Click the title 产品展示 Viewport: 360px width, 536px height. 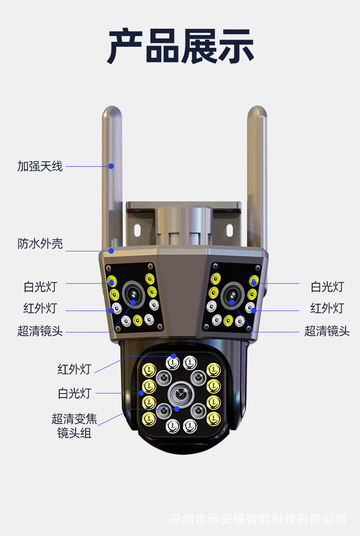[x=180, y=46]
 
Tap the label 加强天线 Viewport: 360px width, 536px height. [x=40, y=166]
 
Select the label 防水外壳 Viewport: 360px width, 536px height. [x=40, y=244]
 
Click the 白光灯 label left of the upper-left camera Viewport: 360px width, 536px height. [x=40, y=287]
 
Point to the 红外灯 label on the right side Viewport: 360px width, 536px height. [x=327, y=308]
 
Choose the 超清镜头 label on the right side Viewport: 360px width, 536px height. [x=327, y=331]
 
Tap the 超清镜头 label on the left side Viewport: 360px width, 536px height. [x=40, y=331]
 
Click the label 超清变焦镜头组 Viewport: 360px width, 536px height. [x=74, y=425]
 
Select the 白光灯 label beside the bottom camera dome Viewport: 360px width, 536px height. [x=74, y=393]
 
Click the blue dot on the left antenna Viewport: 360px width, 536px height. [x=111, y=166]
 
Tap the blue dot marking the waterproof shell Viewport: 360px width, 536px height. [x=111, y=250]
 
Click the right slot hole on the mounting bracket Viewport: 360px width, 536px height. [x=229, y=229]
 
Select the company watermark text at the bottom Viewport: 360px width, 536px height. [x=257, y=519]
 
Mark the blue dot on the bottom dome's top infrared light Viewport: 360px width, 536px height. [x=173, y=356]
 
